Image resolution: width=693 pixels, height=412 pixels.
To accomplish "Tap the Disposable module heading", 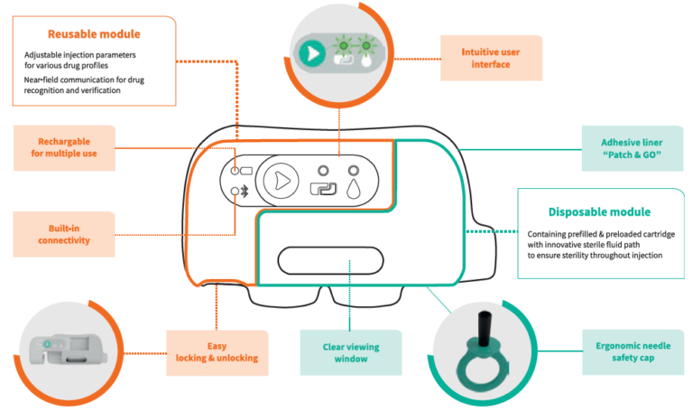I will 599,212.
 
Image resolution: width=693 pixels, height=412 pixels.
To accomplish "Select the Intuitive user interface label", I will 491,57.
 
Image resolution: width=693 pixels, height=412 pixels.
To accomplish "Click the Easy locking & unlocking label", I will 217,351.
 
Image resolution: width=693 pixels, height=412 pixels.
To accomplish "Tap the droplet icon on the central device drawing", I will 352,189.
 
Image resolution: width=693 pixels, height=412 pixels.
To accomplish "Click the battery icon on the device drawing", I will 245,171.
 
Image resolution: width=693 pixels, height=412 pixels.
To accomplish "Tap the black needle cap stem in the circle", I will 480,328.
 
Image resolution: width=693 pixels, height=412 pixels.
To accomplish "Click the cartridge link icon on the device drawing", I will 321,190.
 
